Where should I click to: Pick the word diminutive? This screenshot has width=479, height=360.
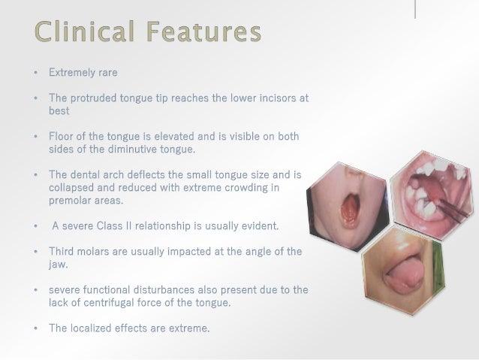[119, 149]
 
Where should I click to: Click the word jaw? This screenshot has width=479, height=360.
[57, 264]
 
